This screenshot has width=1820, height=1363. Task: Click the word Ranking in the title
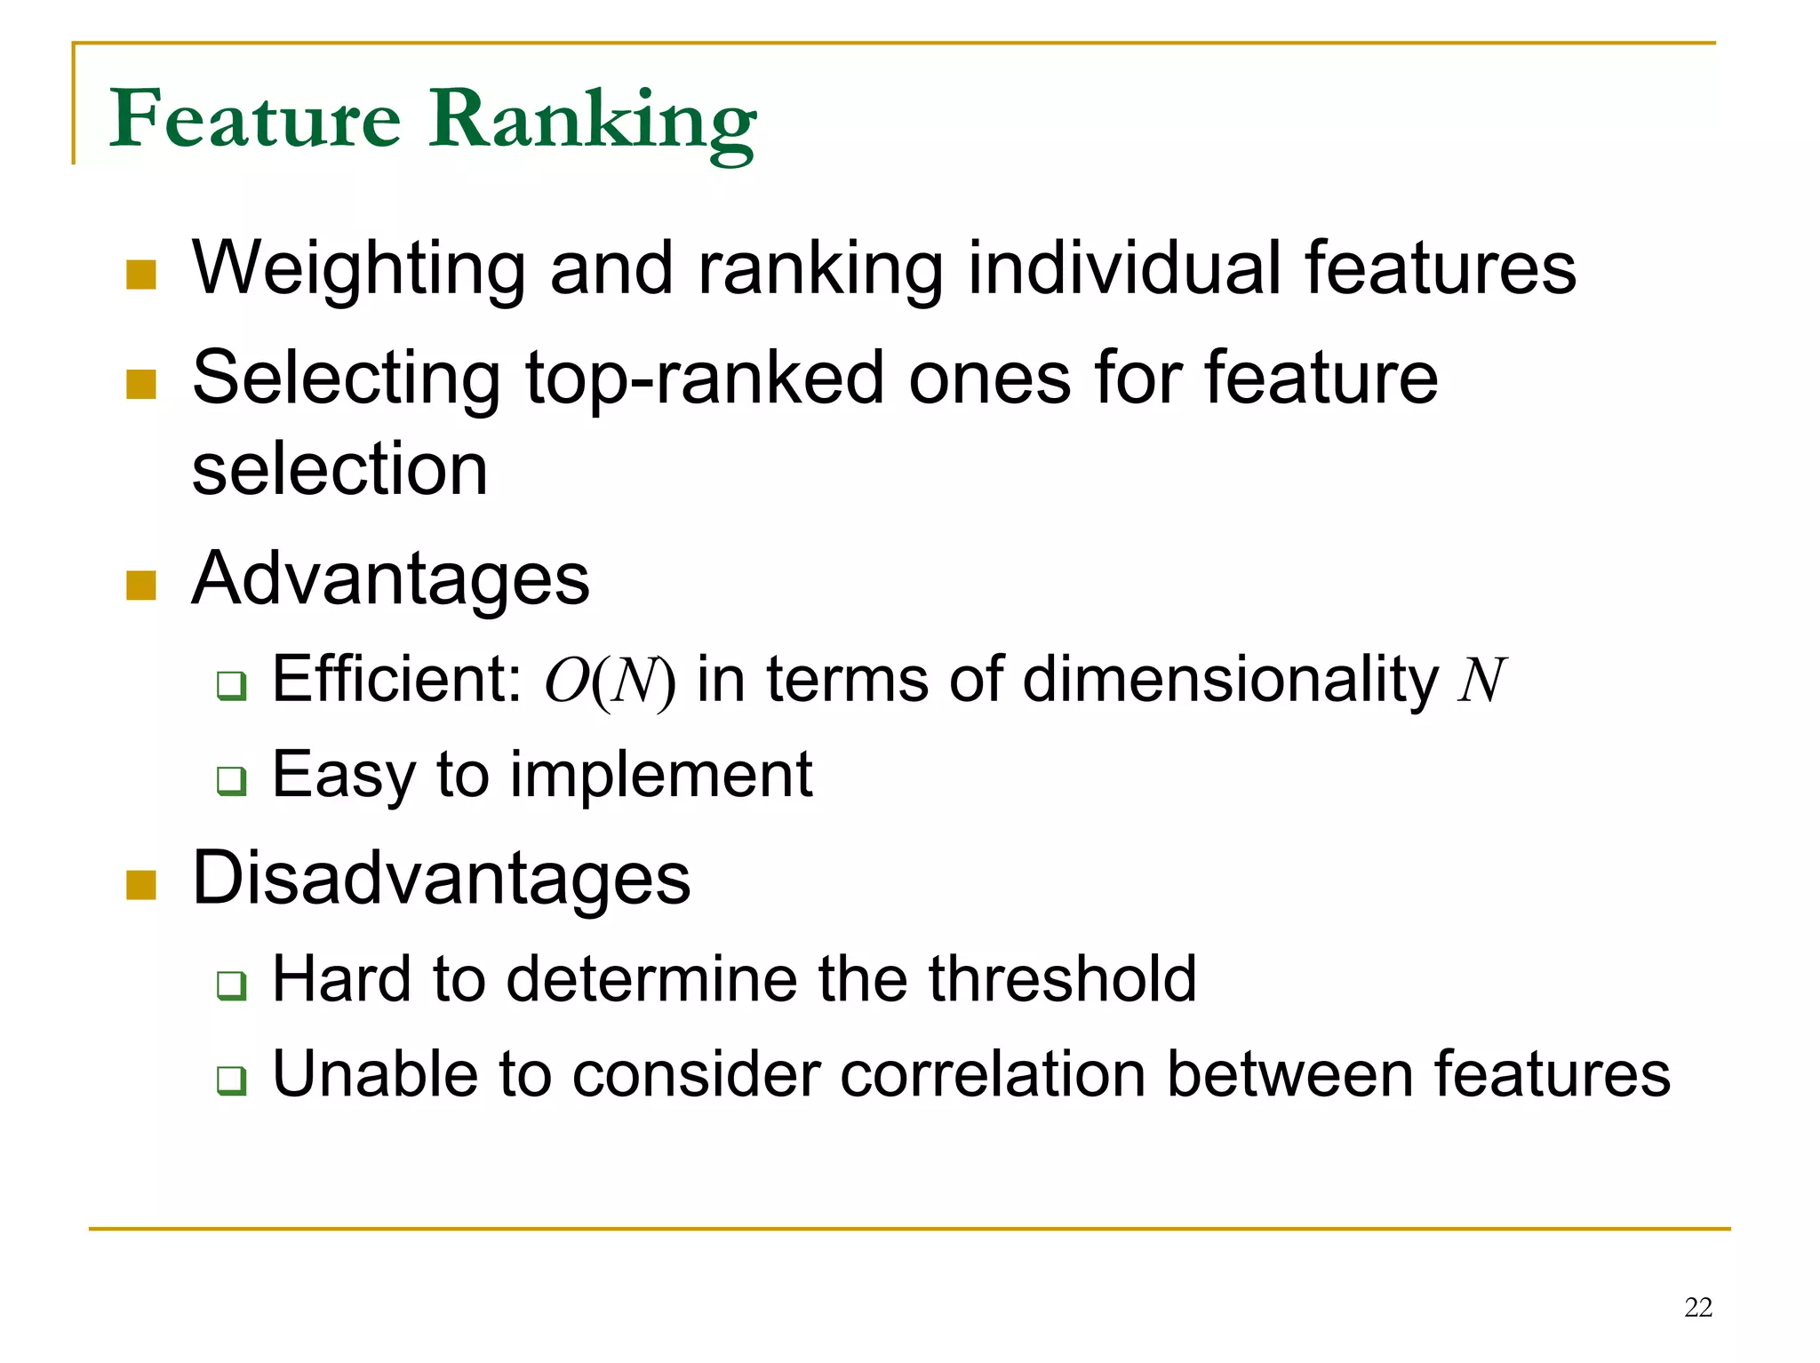[593, 122]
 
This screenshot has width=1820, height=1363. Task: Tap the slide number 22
[1697, 1307]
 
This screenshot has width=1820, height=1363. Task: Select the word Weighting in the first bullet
[359, 269]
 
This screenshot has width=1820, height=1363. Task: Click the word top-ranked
[705, 379]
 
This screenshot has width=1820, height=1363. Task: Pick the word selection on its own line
[339, 469]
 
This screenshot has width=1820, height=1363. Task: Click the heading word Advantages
[390, 580]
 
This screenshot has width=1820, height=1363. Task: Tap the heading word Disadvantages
[441, 879]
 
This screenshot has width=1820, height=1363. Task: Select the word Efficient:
[396, 680]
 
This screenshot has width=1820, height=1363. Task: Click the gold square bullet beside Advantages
[141, 586]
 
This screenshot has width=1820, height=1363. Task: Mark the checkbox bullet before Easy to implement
[231, 781]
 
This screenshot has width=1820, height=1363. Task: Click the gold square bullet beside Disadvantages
[141, 884]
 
